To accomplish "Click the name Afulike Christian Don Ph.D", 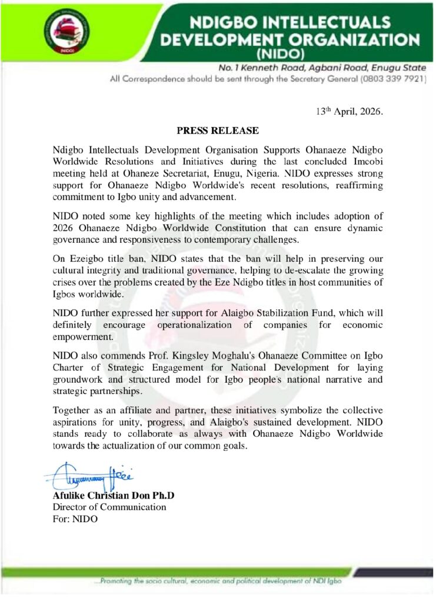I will (114, 496).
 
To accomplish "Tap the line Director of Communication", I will (109, 507).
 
